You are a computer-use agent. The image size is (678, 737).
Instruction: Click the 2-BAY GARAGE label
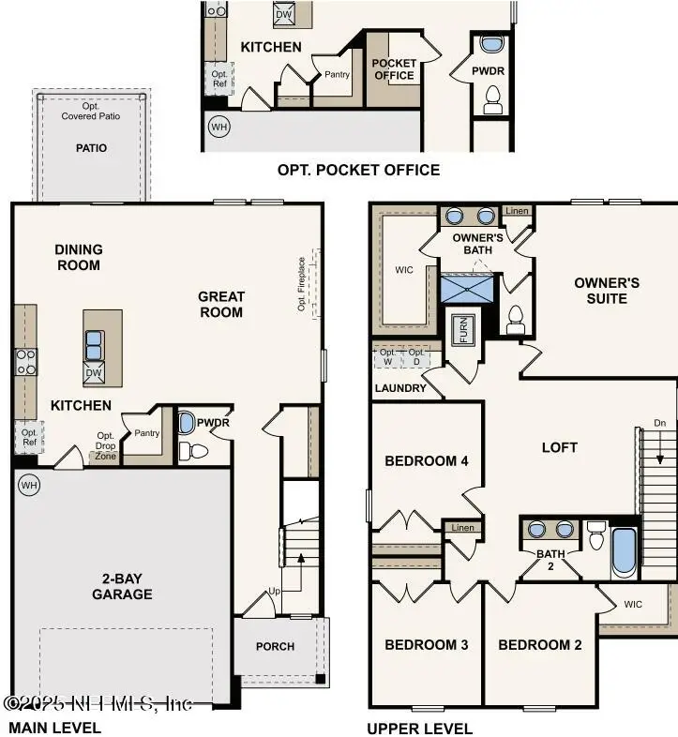pyautogui.click(x=122, y=586)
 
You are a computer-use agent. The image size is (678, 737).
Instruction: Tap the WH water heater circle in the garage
pyautogui.click(x=29, y=485)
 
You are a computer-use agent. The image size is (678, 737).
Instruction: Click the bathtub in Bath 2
pyautogui.click(x=624, y=553)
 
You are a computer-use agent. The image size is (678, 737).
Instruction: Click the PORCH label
pyautogui.click(x=275, y=646)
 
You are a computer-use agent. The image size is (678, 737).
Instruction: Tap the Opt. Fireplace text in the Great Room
pyautogui.click(x=302, y=285)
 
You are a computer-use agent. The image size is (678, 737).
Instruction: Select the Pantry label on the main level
pyautogui.click(x=146, y=433)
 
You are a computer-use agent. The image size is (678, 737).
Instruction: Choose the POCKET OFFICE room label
pyautogui.click(x=394, y=68)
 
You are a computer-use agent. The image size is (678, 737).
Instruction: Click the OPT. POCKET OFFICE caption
pyautogui.click(x=358, y=170)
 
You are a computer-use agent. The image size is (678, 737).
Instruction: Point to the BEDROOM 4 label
pyautogui.click(x=427, y=460)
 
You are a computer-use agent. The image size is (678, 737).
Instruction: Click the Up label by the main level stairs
pyautogui.click(x=275, y=592)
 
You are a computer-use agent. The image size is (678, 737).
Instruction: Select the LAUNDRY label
pyautogui.click(x=400, y=388)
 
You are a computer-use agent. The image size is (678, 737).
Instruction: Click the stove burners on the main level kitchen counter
pyautogui.click(x=25, y=362)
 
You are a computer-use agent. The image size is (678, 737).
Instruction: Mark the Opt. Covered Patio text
pyautogui.click(x=91, y=112)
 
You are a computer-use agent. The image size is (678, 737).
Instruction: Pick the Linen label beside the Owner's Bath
pyautogui.click(x=517, y=211)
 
